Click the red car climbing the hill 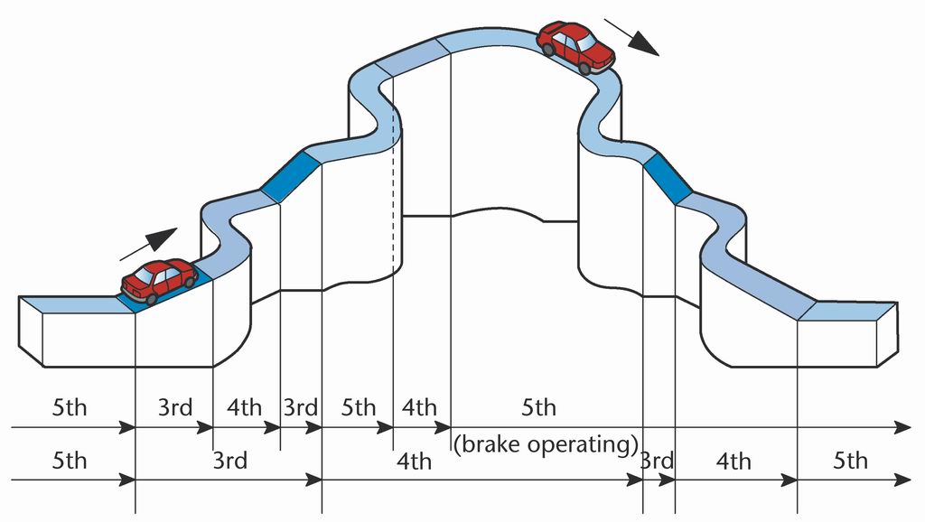point(160,279)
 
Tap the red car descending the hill point(575,47)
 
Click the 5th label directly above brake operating point(538,407)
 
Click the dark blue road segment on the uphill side point(289,175)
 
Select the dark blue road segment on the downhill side point(666,177)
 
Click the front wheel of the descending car point(584,68)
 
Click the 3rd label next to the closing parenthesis point(658,461)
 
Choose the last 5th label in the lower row point(849,461)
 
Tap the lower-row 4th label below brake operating point(414,462)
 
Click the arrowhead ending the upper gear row point(903,426)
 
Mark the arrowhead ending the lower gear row point(903,480)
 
